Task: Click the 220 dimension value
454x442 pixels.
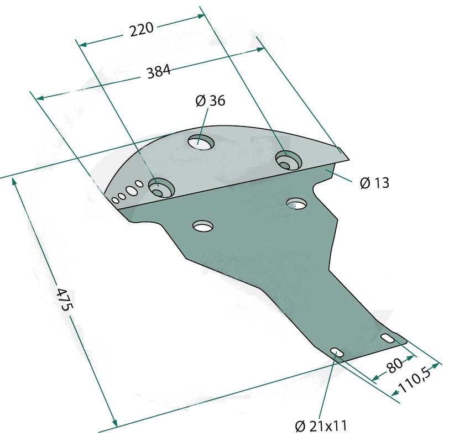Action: point(142,29)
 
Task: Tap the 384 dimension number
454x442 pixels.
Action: point(159,72)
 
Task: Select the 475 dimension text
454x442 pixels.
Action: point(64,299)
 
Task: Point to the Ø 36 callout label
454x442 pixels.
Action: point(210,101)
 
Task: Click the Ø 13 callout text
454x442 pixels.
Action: point(375,183)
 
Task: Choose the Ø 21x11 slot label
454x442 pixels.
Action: point(321,426)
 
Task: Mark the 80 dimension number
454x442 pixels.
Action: point(394,366)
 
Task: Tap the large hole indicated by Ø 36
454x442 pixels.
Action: point(201,142)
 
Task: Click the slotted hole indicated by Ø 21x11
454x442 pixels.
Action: point(336,352)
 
